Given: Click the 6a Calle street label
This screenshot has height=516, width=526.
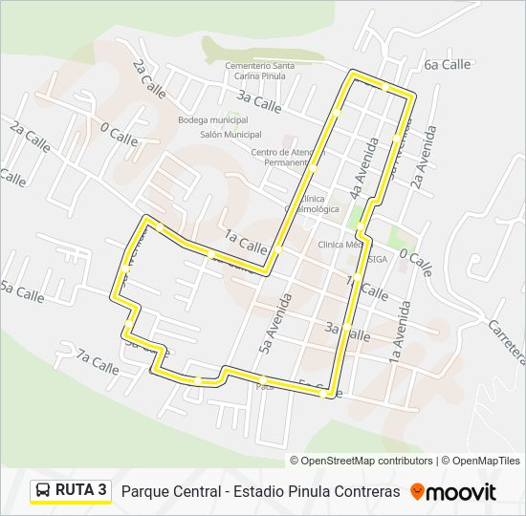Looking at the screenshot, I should point(448,64).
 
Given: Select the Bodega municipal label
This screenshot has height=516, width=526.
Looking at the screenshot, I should point(212,120).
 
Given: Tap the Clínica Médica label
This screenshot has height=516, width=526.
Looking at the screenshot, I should point(340,244).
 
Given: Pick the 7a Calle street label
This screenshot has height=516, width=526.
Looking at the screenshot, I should point(98,362).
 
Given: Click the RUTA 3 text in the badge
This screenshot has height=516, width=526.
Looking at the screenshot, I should point(81,490).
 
